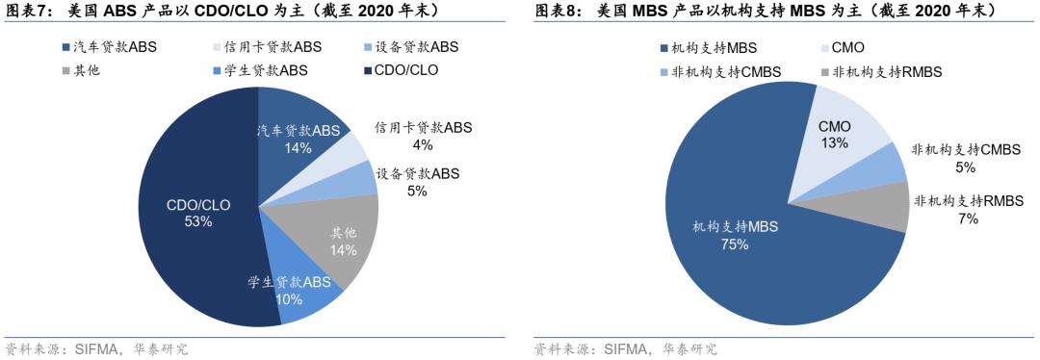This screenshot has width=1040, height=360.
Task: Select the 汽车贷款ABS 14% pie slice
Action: [x=303, y=135]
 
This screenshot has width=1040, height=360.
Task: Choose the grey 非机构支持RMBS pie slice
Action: [x=890, y=207]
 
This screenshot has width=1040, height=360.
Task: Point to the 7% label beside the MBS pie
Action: [x=968, y=219]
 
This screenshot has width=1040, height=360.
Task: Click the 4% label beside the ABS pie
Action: [x=422, y=144]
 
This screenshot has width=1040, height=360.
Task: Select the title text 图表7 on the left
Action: [x=26, y=10]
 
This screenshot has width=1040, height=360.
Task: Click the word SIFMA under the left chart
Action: [x=95, y=348]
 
